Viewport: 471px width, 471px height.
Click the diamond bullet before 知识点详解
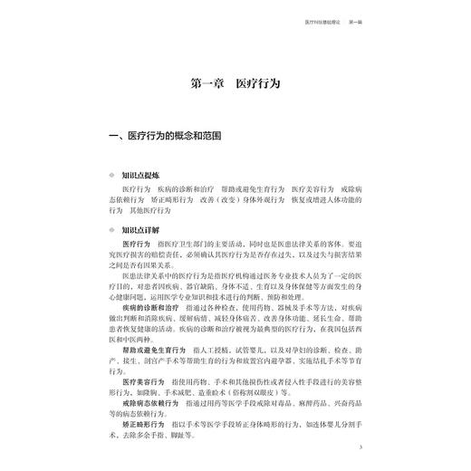[x=113, y=230]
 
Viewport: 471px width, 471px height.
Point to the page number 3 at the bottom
[x=360, y=447]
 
